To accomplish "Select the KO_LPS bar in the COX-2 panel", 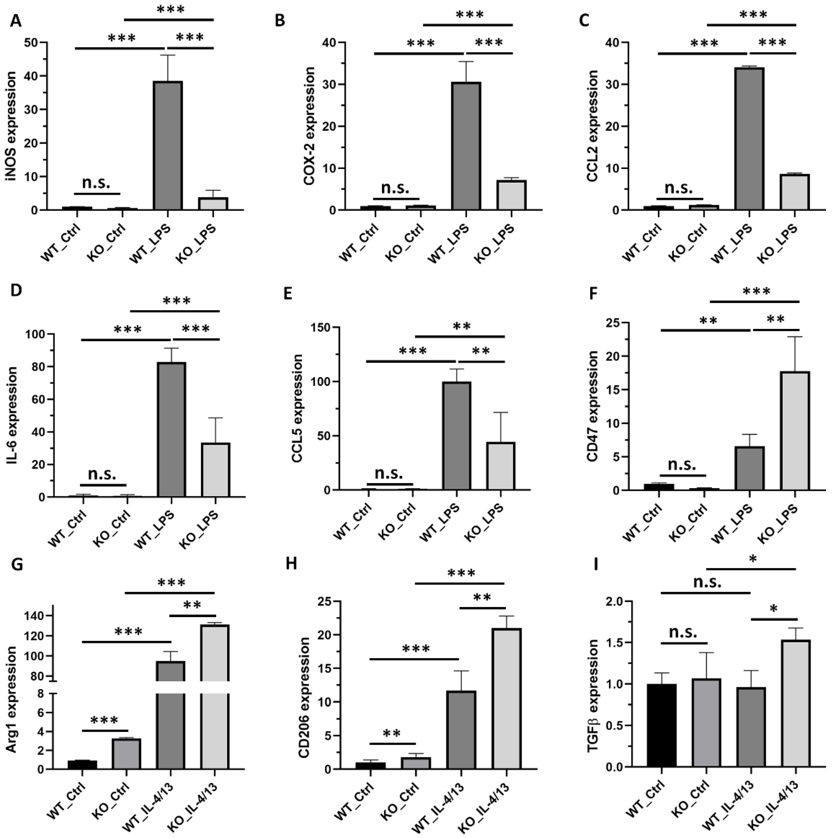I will (x=511, y=195).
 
